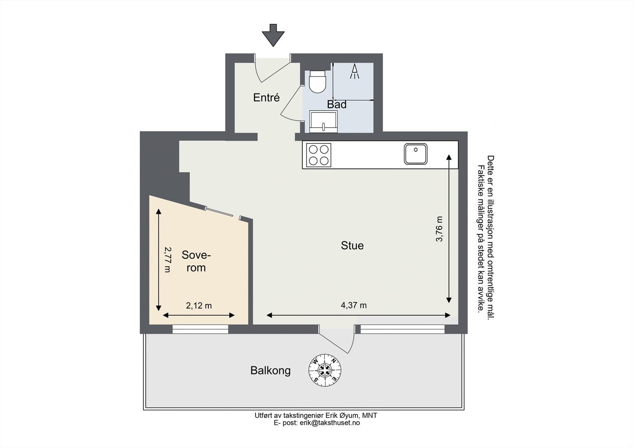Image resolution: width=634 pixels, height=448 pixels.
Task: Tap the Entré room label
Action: point(266,97)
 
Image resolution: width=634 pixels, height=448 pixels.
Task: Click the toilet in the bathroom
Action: point(317,82)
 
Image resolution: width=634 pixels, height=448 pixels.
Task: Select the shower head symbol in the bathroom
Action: point(355,71)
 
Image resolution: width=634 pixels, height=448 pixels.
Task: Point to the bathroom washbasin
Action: point(323,121)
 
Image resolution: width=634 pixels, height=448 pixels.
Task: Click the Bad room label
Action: point(337,105)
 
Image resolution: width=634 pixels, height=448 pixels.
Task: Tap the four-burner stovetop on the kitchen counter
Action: point(319,155)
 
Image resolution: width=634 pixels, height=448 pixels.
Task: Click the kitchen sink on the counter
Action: point(416,154)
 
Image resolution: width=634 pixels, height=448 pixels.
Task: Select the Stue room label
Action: point(352,246)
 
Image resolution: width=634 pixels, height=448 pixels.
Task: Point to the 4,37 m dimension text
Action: point(353,305)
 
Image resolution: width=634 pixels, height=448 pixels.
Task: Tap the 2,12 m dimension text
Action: point(199,306)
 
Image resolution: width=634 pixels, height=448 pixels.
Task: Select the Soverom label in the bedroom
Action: point(196,261)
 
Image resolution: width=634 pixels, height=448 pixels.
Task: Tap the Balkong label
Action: point(271,371)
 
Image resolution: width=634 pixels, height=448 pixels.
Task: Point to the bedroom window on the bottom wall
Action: point(201,329)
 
